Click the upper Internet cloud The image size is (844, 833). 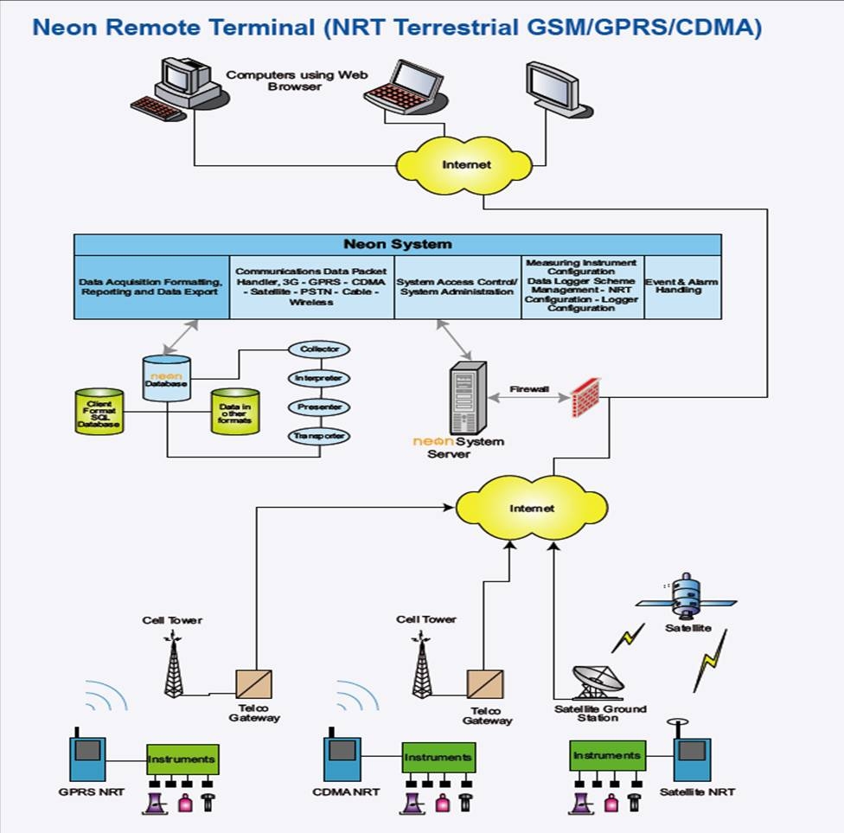tap(466, 163)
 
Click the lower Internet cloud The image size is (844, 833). tap(531, 508)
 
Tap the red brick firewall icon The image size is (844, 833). tap(586, 398)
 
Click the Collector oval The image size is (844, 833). tap(319, 349)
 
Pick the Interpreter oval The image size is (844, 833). tap(319, 378)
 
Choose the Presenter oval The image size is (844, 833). tap(319, 407)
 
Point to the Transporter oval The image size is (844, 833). tap(319, 436)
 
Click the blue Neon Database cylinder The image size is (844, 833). tap(166, 378)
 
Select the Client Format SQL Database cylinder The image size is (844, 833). tap(99, 411)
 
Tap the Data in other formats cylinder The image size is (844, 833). tap(234, 411)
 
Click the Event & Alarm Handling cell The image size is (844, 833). tap(682, 287)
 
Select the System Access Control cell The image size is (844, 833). tap(457, 287)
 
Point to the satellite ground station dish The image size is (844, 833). tap(598, 682)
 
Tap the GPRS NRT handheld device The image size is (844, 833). tap(87, 759)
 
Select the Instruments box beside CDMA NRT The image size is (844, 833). tap(438, 759)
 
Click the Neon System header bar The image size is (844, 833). tap(397, 245)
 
